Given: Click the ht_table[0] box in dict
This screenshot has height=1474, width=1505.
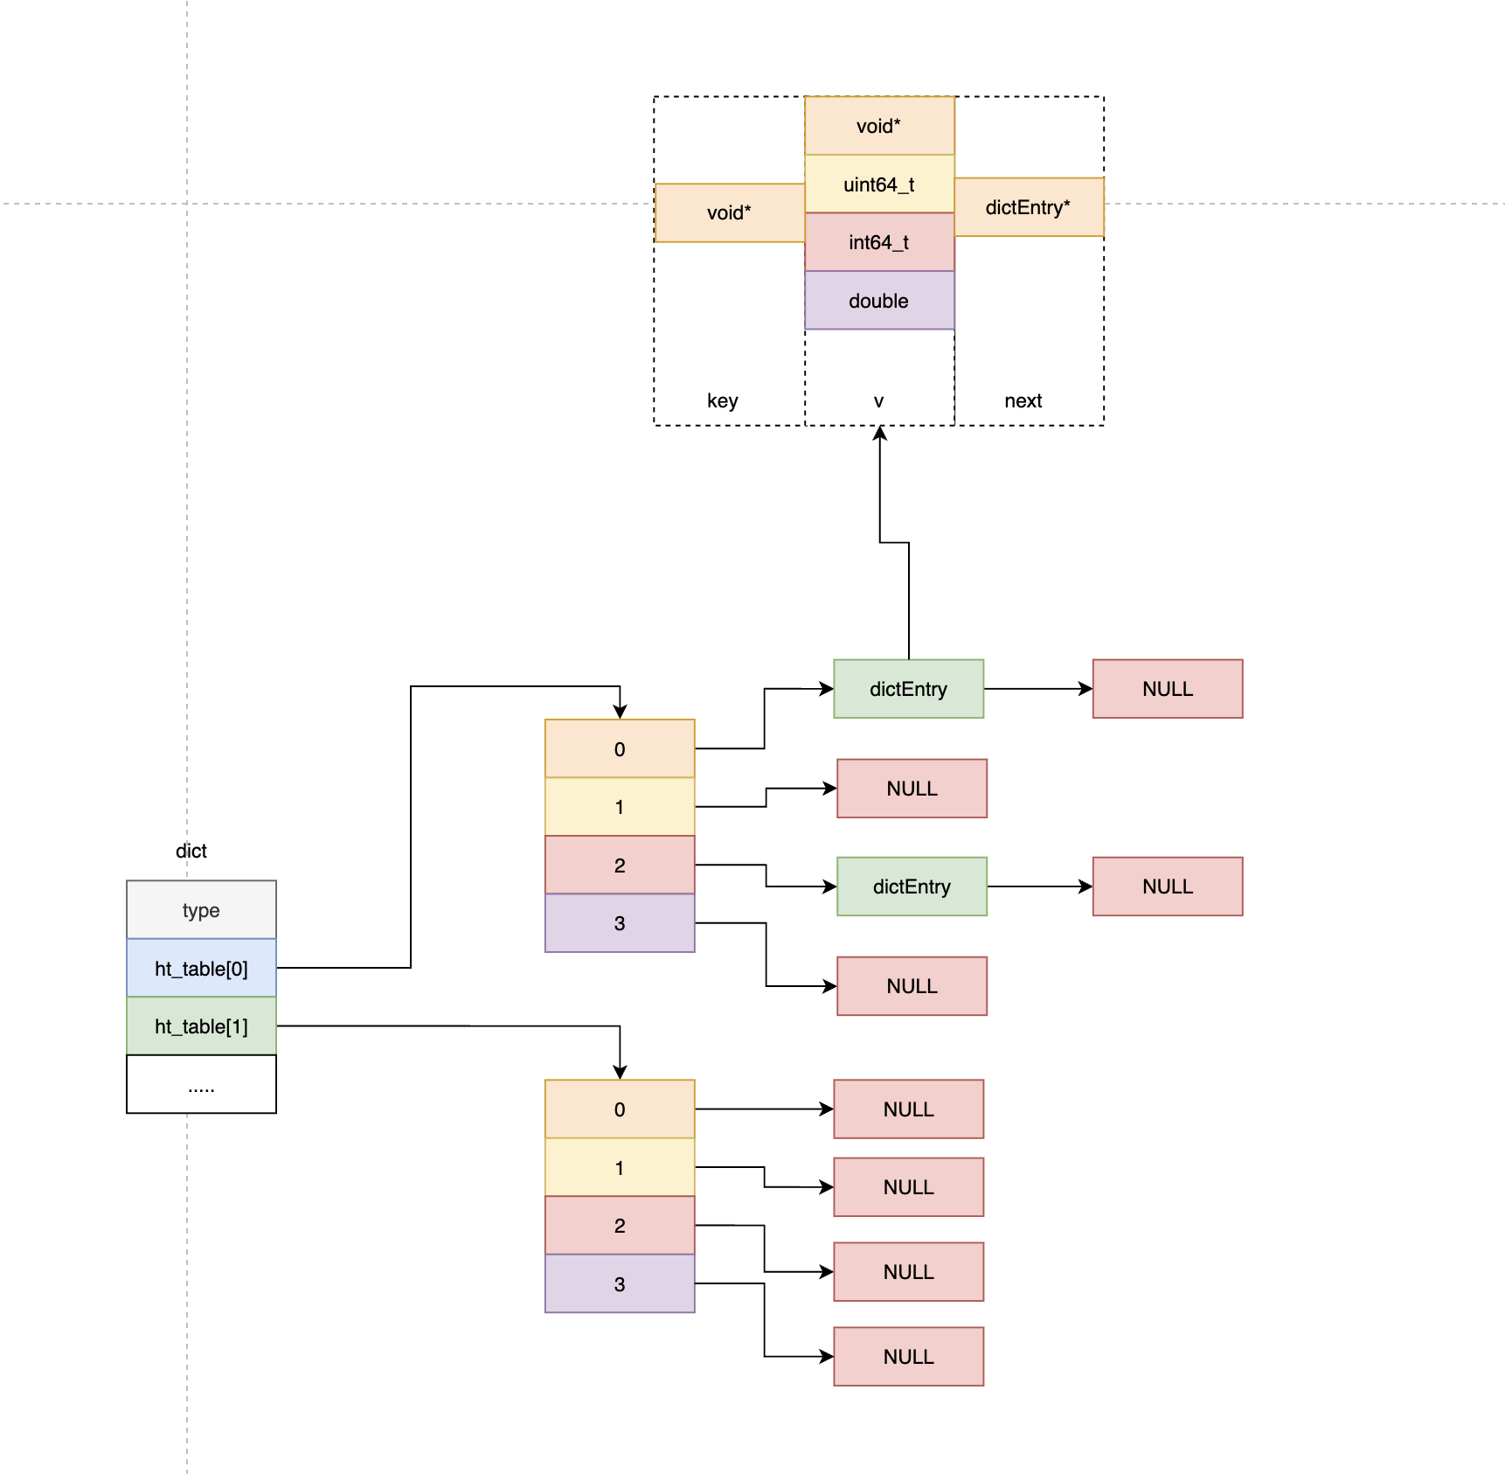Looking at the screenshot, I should [x=201, y=968].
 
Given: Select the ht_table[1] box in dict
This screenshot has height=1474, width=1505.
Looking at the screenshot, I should [x=201, y=1026].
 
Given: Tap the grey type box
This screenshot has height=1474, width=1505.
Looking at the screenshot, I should [x=201, y=910].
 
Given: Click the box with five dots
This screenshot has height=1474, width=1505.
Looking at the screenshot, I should [x=201, y=1084].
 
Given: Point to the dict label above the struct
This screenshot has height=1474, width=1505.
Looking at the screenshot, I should [x=191, y=851].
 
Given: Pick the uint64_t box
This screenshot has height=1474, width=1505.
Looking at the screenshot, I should [x=879, y=184].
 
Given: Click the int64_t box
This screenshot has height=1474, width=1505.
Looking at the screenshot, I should [x=879, y=242].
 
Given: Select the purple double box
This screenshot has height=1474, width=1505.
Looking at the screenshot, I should [x=879, y=301].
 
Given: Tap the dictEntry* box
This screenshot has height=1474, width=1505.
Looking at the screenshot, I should [x=1029, y=207].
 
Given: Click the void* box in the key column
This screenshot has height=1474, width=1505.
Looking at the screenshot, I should [x=730, y=212].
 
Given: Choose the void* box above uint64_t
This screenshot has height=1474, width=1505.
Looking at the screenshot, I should [x=879, y=126].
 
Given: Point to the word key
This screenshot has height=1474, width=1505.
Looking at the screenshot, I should [x=723, y=400].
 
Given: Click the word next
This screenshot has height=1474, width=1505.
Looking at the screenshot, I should [x=1023, y=400].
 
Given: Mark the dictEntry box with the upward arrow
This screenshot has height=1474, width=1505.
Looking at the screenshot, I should [x=909, y=689].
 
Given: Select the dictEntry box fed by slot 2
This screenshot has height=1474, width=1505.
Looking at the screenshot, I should [x=912, y=886].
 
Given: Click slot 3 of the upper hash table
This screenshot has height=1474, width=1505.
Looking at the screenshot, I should [x=620, y=923].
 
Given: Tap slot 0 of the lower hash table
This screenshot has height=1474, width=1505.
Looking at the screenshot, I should [x=620, y=1109].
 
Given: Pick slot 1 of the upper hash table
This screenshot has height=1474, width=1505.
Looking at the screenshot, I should [x=620, y=807].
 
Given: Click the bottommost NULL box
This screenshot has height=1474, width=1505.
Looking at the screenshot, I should [x=909, y=1357].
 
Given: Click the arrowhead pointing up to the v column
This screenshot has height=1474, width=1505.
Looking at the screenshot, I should [x=880, y=433].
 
